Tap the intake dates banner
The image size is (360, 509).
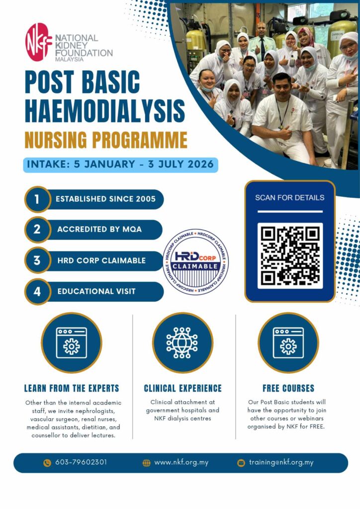click(120, 164)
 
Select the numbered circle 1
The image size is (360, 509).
click(37, 199)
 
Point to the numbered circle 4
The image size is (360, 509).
click(37, 291)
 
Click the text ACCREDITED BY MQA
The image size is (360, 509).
click(99, 230)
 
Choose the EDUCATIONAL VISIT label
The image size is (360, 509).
click(96, 291)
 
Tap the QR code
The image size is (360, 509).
click(290, 255)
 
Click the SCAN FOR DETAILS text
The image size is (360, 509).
click(289, 197)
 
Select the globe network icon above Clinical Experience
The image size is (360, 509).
click(182, 343)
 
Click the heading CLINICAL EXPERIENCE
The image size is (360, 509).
click(182, 388)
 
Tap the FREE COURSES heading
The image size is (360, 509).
click(288, 388)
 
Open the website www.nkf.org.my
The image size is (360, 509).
click(181, 462)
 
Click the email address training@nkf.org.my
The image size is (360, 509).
click(281, 462)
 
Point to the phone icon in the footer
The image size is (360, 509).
click(47, 463)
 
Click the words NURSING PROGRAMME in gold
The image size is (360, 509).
click(106, 140)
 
